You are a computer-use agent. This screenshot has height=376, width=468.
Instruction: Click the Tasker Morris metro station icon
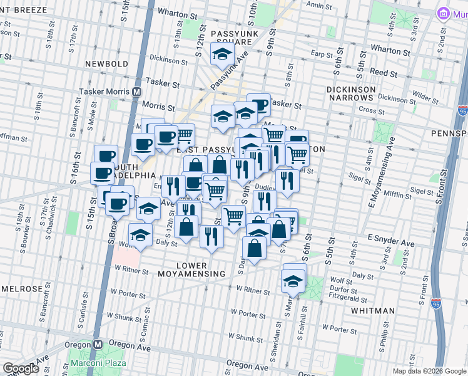coord(136,91)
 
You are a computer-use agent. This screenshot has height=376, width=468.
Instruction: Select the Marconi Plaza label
coord(98,363)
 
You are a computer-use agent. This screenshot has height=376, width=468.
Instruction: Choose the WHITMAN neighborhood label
coord(372,310)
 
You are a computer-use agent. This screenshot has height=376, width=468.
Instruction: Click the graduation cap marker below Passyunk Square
coord(222,55)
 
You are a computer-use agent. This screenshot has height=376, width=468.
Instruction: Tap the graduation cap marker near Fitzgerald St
coord(293,283)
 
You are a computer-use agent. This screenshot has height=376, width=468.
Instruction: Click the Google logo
coord(21,369)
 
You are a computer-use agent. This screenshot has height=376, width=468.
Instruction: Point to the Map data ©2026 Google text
coord(429,371)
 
